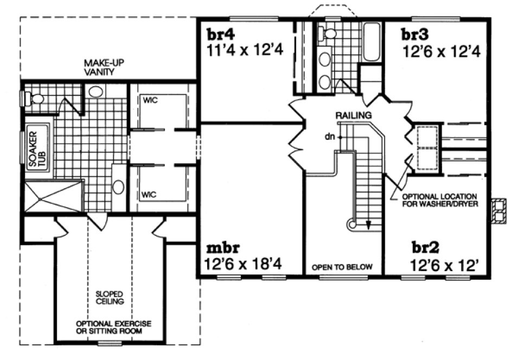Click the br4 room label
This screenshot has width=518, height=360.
(221, 34)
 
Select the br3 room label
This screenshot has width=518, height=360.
(415, 34)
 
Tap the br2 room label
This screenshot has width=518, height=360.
(426, 248)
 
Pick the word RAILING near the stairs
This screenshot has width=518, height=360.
(353, 115)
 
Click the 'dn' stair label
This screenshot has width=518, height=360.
(329, 137)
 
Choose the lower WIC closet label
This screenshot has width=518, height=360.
(149, 194)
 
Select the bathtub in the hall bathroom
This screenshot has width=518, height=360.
(372, 42)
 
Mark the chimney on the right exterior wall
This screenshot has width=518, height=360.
(498, 210)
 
